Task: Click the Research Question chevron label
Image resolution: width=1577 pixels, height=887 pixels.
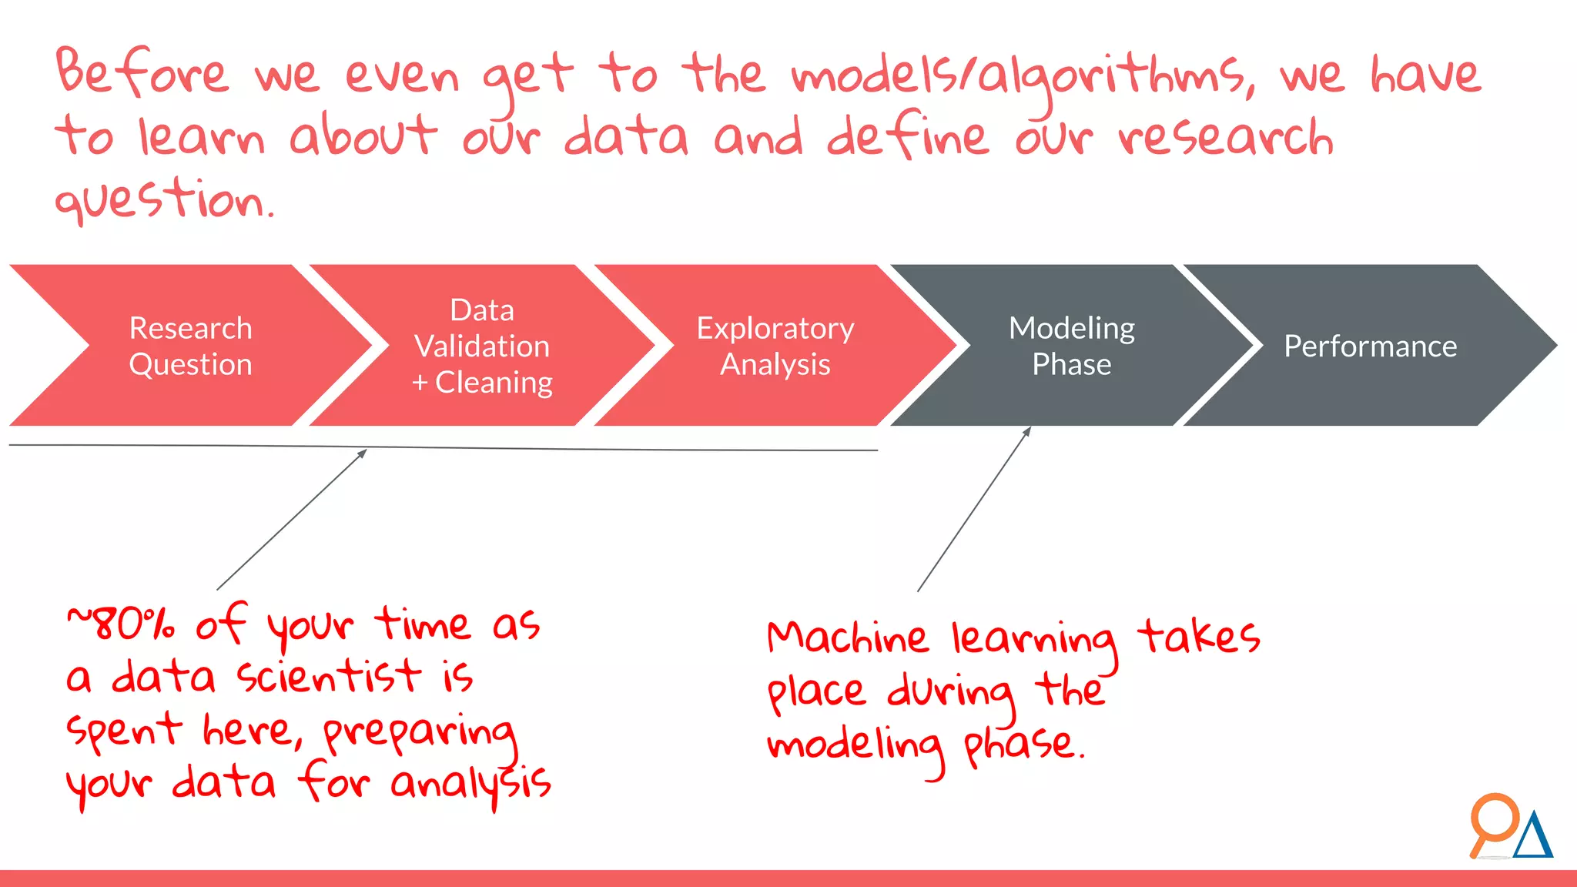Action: (x=190, y=346)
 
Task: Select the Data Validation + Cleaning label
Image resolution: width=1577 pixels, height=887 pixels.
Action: (x=482, y=346)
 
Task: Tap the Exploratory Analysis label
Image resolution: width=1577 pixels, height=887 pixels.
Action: (x=775, y=346)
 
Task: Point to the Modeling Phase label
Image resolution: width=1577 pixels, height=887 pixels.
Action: (x=1071, y=346)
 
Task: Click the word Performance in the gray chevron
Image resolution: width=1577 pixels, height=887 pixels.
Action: (x=1370, y=346)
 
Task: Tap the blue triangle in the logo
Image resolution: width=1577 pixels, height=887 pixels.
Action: (x=1533, y=837)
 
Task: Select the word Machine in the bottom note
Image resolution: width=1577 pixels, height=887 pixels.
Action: (x=847, y=638)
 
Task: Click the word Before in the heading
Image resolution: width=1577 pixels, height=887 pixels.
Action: (x=142, y=73)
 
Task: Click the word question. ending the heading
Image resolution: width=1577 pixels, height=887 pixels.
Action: (x=163, y=200)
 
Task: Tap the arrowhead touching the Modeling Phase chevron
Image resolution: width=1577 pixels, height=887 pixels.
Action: (x=1027, y=431)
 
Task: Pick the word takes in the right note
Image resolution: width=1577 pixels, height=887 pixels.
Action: (x=1198, y=637)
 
